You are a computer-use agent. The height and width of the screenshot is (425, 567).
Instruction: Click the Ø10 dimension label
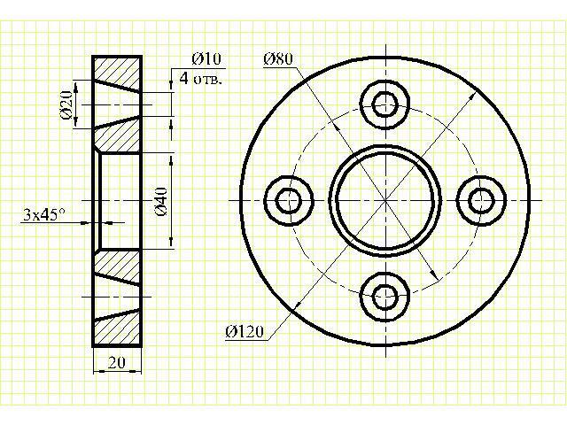tap(206, 58)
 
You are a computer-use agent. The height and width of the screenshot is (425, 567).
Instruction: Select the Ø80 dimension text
tap(278, 58)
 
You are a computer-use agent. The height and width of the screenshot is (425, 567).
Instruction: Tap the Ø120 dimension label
tap(245, 331)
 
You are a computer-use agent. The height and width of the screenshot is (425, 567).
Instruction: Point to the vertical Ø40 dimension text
tap(161, 201)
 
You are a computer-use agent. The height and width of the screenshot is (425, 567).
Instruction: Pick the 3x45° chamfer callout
tap(44, 214)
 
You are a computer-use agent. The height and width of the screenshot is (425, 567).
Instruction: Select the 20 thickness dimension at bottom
tap(116, 362)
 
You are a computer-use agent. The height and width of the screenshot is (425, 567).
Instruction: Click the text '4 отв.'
tap(201, 78)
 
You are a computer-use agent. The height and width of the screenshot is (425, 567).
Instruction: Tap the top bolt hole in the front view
tap(385, 104)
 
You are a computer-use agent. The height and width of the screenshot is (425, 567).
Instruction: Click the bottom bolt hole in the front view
tap(385, 297)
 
